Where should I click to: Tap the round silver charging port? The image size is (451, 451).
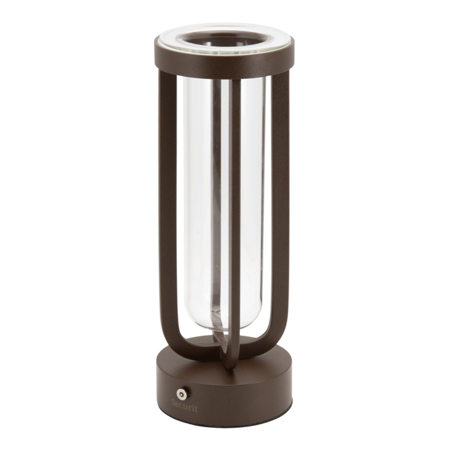(181, 393)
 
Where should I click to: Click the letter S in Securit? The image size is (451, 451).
(174, 403)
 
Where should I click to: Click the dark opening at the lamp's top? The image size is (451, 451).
(224, 39)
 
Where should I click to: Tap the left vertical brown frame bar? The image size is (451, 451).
(167, 201)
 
